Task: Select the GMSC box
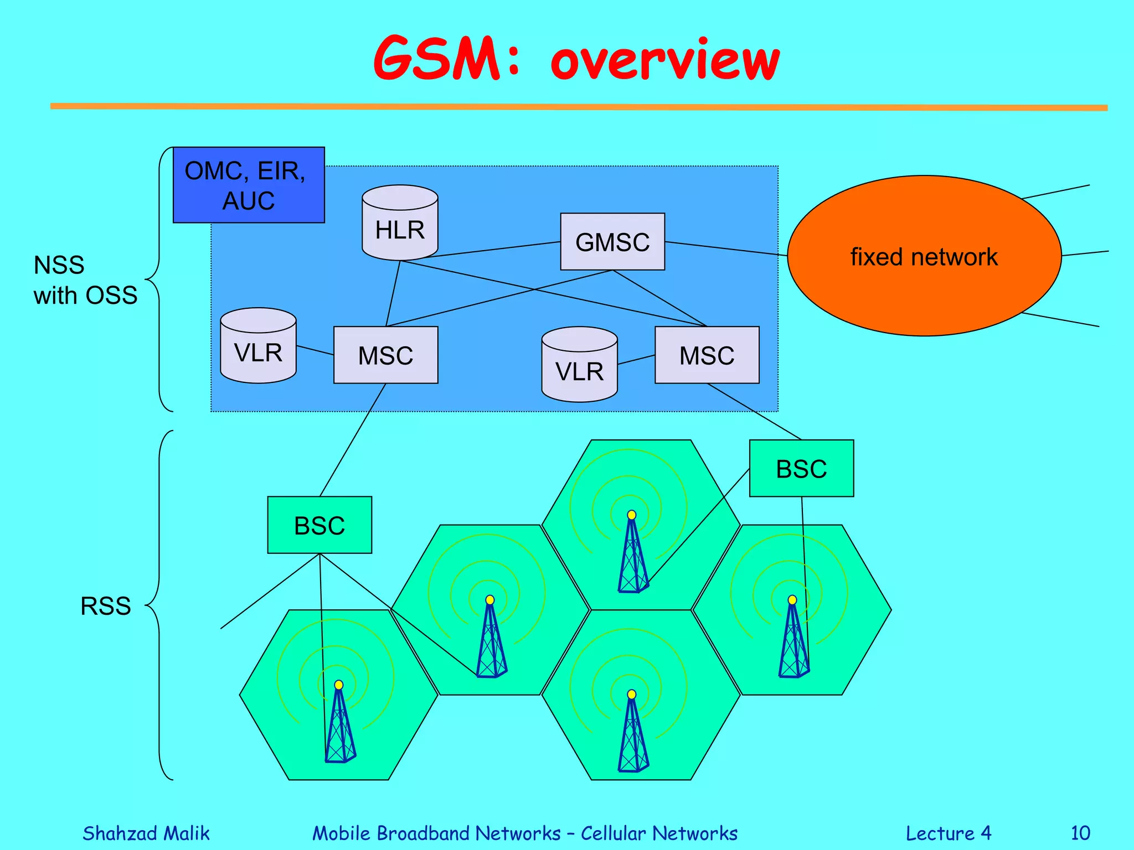point(612,242)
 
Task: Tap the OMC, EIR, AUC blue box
point(249,185)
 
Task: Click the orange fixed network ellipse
point(924,256)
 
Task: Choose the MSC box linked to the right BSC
point(707,355)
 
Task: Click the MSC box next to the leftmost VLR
point(385,355)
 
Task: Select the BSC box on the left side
point(319,525)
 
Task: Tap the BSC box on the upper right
point(801,468)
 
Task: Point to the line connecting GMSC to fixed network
point(725,248)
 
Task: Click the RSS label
point(106,606)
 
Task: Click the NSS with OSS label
point(85,280)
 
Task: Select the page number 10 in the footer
point(1080,833)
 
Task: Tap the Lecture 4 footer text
point(948,833)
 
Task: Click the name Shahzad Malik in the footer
point(146,833)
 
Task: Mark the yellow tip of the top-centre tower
point(631,515)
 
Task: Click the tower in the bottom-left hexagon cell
point(339,725)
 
